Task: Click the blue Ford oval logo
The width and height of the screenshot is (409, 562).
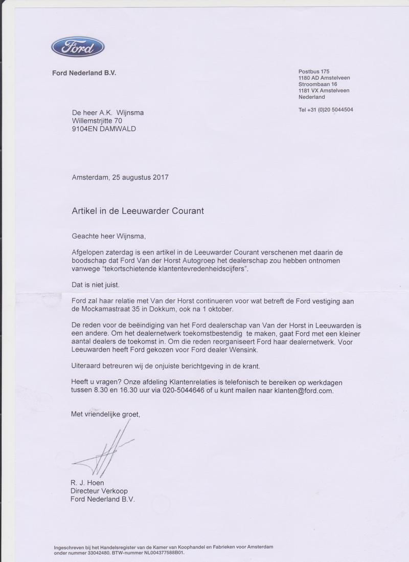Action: coord(78,48)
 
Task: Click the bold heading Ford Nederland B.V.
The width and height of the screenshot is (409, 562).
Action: coord(84,73)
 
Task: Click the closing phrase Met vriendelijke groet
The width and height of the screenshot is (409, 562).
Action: coord(105,415)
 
